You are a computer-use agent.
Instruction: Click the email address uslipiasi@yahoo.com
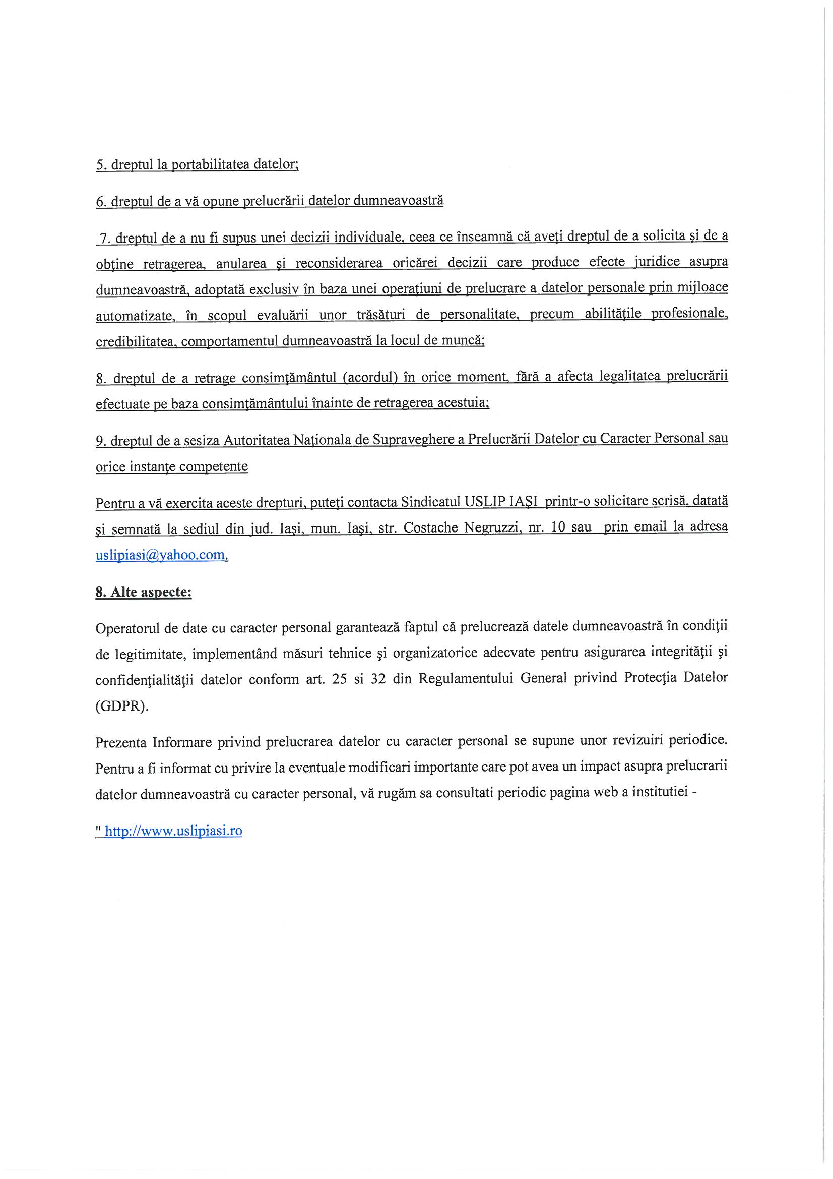tap(161, 555)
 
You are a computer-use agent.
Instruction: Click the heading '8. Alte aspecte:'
tap(143, 592)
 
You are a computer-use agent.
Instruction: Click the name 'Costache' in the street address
tap(431, 528)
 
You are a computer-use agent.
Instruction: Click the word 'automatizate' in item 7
tap(135, 315)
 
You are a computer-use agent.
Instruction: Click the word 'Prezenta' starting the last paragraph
tap(120, 742)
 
